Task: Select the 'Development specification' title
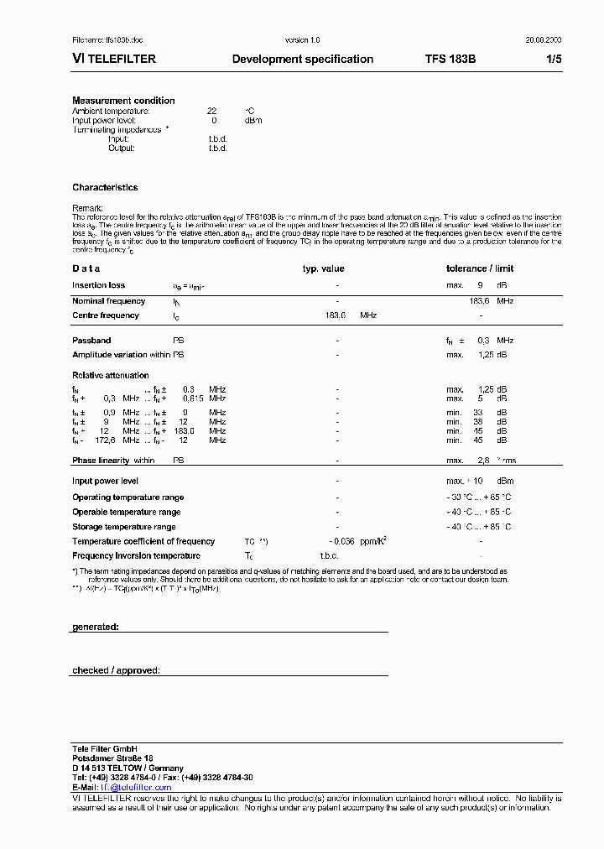click(x=302, y=60)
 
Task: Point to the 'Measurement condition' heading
click(x=123, y=101)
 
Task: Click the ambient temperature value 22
click(x=212, y=111)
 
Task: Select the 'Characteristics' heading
click(x=105, y=188)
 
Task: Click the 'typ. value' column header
click(x=324, y=269)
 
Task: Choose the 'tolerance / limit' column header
click(x=480, y=269)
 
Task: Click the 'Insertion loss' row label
click(x=98, y=286)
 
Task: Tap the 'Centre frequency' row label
click(x=106, y=315)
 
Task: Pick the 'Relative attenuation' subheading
click(x=110, y=376)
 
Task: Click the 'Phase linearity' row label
click(x=101, y=461)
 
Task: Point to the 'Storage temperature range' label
click(x=124, y=527)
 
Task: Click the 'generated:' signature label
click(x=96, y=627)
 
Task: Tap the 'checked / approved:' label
click(x=116, y=670)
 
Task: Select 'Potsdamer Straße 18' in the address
click(x=112, y=758)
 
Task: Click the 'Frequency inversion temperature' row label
click(x=136, y=556)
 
